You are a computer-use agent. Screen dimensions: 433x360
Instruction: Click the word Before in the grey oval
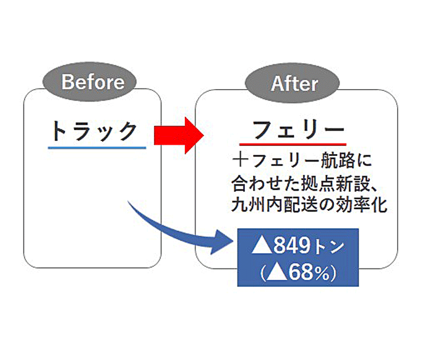tap(93, 82)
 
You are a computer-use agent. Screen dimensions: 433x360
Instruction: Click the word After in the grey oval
tap(294, 84)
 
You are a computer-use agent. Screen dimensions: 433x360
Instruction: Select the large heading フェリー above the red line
tap(298, 130)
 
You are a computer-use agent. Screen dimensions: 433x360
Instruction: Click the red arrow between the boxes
tap(179, 135)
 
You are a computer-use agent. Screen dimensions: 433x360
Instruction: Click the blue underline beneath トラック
tap(97, 148)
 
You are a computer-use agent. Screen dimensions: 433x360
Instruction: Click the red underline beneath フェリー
tap(293, 144)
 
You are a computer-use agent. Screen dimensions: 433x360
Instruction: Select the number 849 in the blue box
tap(292, 245)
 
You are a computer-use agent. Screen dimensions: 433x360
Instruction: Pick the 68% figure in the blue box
tap(309, 273)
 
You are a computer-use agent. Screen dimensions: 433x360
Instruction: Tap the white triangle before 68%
tap(277, 273)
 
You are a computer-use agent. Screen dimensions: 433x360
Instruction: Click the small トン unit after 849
tap(328, 247)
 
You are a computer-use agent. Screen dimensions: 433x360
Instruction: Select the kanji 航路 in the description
tap(338, 160)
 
